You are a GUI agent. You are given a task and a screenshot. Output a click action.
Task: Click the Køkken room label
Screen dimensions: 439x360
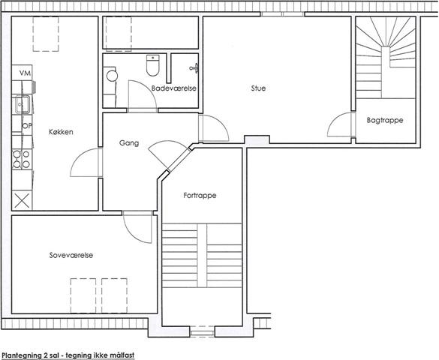[x=61, y=132]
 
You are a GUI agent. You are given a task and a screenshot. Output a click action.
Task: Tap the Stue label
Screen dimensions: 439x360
[x=258, y=88]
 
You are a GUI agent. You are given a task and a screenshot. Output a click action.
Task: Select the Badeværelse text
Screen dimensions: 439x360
[x=174, y=88]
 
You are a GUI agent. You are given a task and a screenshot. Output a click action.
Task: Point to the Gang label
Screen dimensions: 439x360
[x=129, y=143]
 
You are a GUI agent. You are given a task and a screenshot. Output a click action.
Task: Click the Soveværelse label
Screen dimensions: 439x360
[x=71, y=256]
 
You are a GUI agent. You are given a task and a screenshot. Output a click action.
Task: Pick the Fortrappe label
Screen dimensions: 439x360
[x=200, y=195]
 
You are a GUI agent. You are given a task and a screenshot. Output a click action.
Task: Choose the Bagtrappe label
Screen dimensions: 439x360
[x=385, y=120]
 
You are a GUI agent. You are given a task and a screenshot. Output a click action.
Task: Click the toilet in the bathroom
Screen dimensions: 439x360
[x=153, y=65]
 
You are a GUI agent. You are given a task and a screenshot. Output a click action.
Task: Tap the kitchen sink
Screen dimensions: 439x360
[x=23, y=104]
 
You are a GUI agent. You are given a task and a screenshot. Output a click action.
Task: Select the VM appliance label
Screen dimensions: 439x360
[x=25, y=73]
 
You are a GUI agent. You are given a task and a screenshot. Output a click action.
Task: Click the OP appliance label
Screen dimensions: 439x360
[x=27, y=126]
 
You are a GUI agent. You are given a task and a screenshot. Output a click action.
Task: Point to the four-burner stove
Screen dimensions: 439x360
[x=22, y=160]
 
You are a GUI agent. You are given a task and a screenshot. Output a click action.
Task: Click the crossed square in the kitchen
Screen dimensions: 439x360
[x=22, y=200]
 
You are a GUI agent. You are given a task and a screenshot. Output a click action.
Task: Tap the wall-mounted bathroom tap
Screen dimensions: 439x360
[x=194, y=68]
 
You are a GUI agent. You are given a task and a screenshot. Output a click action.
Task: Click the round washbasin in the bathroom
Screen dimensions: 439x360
[x=112, y=76]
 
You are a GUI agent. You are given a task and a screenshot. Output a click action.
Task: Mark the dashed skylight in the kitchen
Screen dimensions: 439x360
[x=46, y=34]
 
